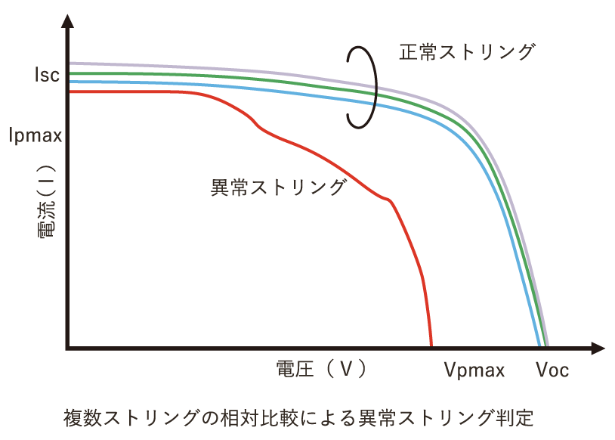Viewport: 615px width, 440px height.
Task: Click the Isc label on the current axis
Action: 46,75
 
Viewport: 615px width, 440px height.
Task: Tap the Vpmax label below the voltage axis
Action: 474,370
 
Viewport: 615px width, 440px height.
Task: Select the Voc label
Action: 552,370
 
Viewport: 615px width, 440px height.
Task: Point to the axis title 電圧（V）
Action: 322,369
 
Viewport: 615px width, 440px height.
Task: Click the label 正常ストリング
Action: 467,53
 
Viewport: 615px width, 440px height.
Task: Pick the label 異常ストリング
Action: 278,187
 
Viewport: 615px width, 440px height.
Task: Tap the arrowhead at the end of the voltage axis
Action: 598,349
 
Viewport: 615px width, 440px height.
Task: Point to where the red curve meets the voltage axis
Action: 431,346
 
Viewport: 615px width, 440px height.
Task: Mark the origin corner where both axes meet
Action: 68,349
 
